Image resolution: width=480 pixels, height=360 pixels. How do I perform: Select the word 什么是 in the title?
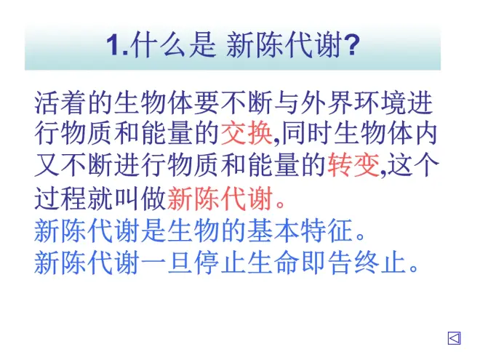coord(175,45)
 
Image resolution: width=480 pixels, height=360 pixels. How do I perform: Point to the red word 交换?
coord(247,134)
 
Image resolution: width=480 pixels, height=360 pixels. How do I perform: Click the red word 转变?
coord(353,165)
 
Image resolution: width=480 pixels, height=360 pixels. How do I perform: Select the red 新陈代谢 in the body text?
coord(220,199)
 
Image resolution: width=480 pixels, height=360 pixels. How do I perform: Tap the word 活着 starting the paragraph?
coord(60,103)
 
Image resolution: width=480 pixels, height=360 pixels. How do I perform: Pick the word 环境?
coord(380,103)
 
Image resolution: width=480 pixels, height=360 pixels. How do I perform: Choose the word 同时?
coord(307,134)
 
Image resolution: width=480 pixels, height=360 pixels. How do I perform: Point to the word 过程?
coord(60,199)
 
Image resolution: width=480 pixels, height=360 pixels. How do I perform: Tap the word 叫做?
coord(140,199)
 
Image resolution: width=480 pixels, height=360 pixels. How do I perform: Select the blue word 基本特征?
coord(300,231)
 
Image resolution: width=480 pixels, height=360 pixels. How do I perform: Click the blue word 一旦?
coord(167,263)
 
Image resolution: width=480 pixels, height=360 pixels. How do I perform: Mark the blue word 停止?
coord(220,263)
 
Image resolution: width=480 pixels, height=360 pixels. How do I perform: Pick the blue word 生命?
coord(273,263)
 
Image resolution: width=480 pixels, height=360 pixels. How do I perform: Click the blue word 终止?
coord(380,263)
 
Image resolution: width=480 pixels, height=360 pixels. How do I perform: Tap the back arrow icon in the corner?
coord(454,338)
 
